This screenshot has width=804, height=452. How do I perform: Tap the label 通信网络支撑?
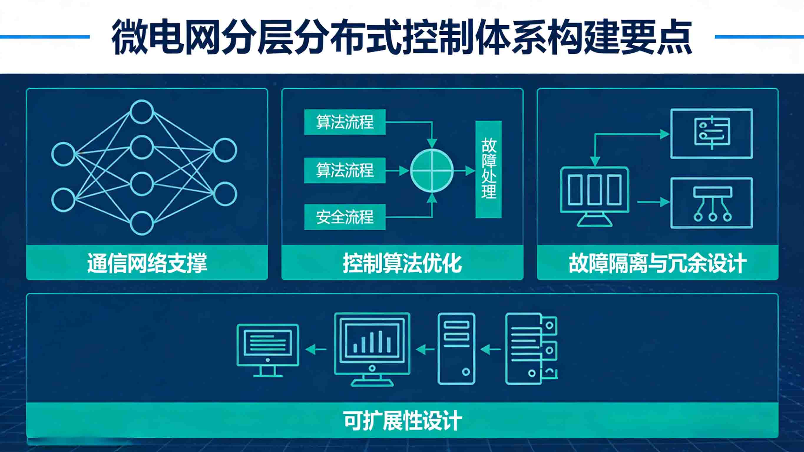coord(147,263)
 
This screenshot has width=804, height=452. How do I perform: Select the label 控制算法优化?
coord(402,263)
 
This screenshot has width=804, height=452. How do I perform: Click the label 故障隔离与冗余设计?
coord(657,263)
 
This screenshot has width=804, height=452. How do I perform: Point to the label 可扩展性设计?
coord(402,420)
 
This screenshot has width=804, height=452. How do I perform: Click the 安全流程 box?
coord(345,217)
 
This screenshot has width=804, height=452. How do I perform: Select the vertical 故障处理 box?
coord(489,169)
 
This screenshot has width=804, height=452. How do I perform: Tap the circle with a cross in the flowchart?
coord(432,170)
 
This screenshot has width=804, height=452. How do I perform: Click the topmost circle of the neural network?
coord(142,111)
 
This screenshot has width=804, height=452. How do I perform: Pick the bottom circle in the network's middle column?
coord(142,223)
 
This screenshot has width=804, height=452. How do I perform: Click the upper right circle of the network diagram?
coord(225,150)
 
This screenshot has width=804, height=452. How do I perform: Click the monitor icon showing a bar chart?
coord(372,348)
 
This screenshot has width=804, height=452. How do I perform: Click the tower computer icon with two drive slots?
coord(456,348)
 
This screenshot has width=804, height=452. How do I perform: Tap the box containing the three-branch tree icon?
coord(712,203)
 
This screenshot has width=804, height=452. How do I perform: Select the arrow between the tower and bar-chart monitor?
coord(425,350)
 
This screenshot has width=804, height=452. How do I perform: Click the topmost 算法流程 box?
coord(345,122)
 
